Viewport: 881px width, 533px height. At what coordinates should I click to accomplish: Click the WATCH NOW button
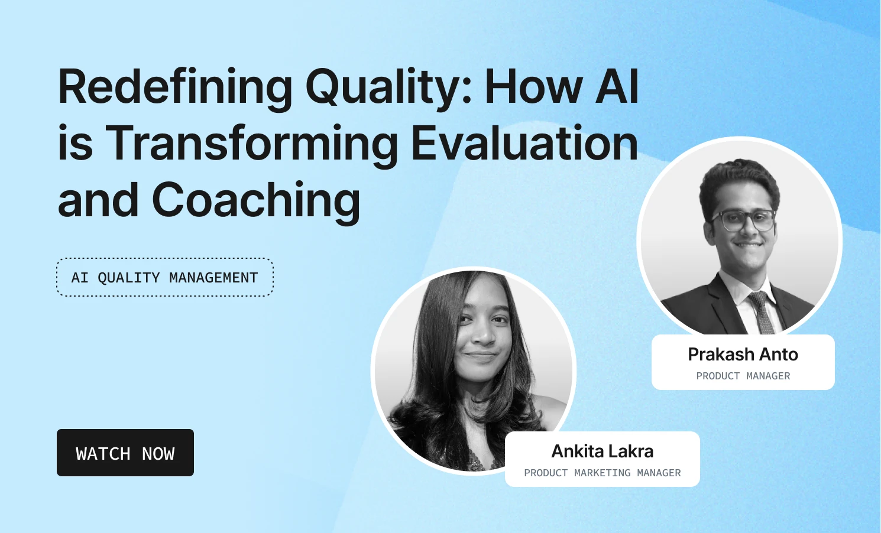125,453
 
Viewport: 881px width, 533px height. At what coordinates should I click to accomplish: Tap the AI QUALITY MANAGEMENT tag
164,277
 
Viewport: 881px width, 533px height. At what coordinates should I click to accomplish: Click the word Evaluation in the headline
524,144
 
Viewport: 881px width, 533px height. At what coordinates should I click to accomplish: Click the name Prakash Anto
743,354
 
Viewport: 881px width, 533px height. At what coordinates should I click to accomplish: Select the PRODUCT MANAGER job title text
743,376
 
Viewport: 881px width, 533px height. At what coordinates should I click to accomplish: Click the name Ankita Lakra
602,451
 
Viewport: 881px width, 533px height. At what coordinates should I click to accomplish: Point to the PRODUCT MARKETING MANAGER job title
602,473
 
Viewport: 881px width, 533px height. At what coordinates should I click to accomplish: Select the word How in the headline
533,87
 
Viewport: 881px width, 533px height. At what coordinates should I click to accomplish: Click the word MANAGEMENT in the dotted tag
213,277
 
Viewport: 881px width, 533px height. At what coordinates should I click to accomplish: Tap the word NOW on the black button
158,454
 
